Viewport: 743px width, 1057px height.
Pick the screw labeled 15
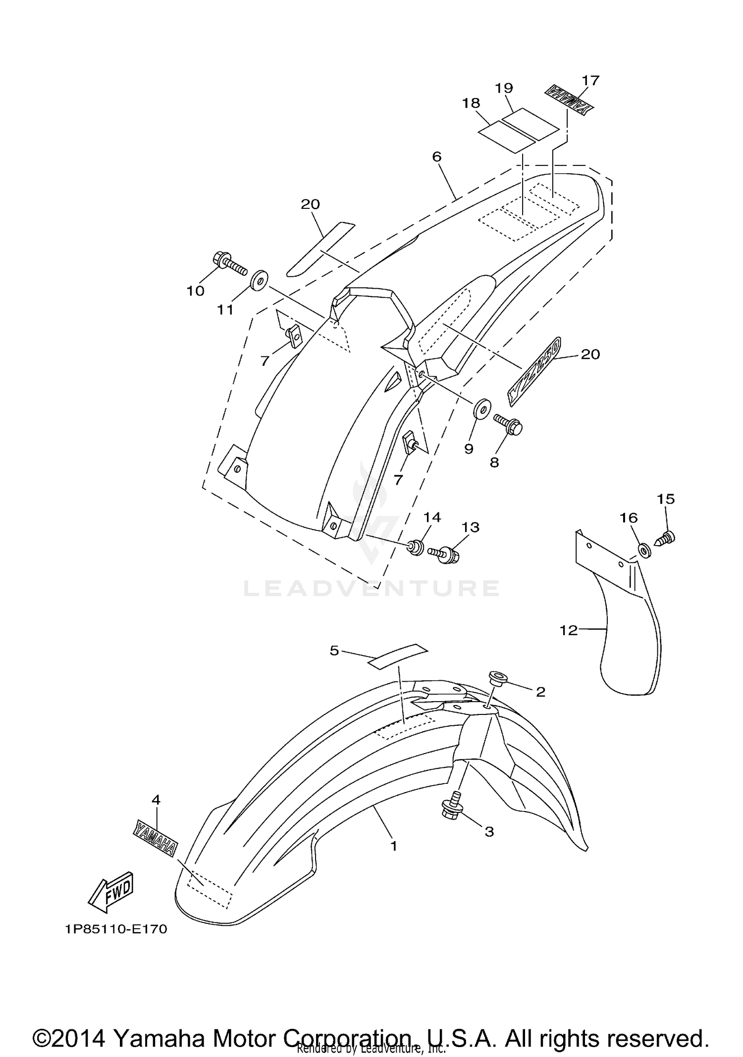tap(665, 537)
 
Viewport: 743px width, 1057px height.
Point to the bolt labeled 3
tap(451, 808)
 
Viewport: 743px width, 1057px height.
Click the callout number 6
tap(436, 156)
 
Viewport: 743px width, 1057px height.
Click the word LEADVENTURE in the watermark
tap(371, 588)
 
